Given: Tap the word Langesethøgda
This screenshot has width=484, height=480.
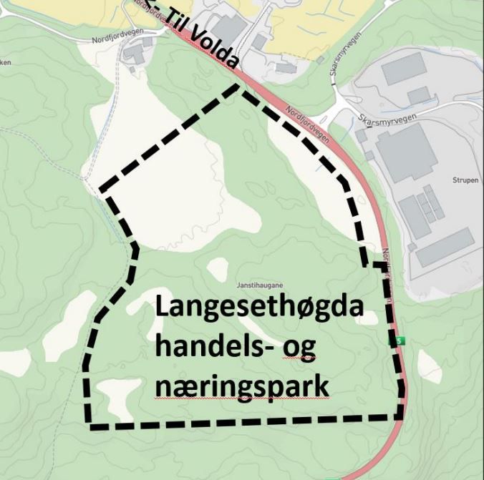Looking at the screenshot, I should point(260,308).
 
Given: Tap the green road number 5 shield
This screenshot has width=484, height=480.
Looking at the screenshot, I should point(397,341).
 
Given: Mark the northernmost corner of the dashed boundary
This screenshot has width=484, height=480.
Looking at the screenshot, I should point(239,85).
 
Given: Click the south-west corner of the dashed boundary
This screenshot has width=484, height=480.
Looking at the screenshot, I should point(91,426).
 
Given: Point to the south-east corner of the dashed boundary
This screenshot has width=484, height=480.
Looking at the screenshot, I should point(401,416).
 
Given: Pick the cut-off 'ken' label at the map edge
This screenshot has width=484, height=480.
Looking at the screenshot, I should point(6,63).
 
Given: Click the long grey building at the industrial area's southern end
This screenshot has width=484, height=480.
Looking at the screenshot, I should point(445,247).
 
